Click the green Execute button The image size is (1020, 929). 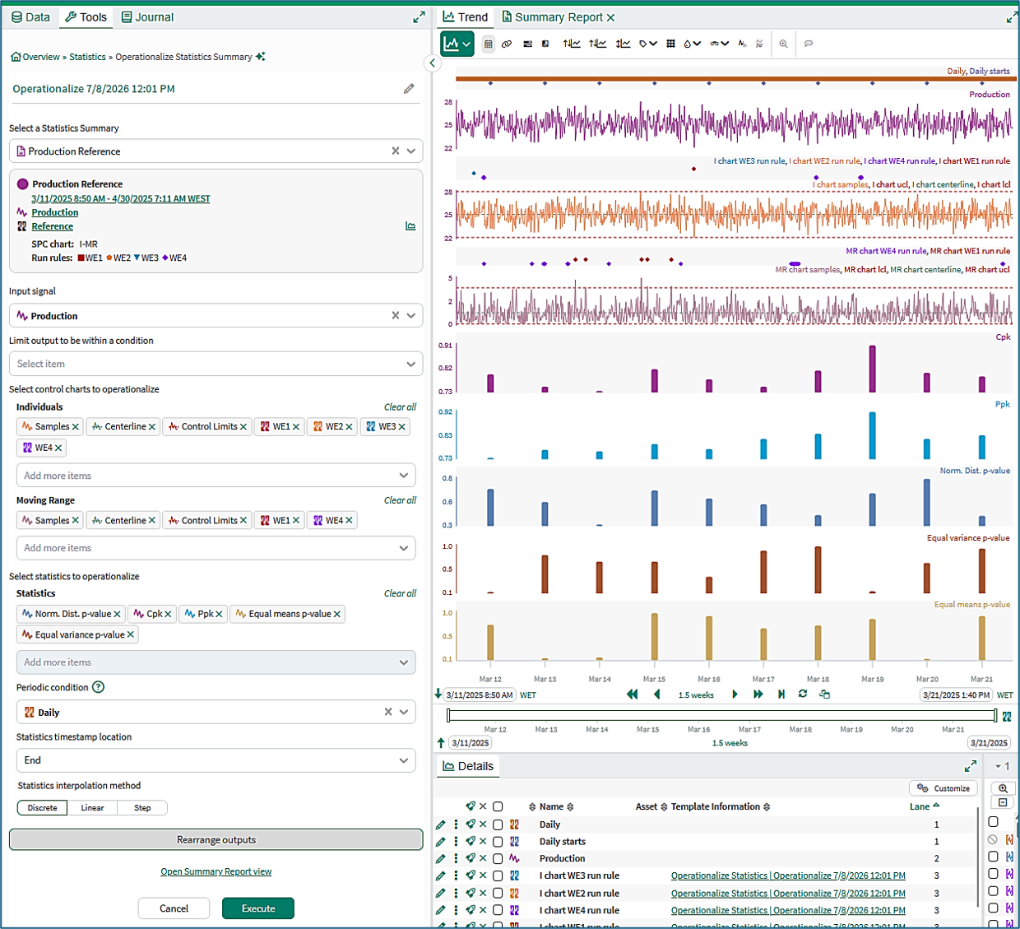coord(257,908)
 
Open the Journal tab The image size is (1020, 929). coord(147,17)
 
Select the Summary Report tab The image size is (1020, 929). coord(559,17)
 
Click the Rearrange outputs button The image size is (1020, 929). coord(216,839)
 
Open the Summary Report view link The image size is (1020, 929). coord(216,871)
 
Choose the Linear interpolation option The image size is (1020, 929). coord(92,807)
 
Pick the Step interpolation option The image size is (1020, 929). coord(142,807)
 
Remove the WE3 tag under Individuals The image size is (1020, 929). coord(402,426)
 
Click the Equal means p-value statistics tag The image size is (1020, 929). coord(287,614)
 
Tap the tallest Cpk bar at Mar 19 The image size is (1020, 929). coord(873,369)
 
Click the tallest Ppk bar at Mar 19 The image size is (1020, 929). coord(873,435)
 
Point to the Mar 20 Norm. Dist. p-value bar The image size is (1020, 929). coord(927,502)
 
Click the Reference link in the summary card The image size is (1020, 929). coord(52,226)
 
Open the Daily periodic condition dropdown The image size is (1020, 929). coord(404,712)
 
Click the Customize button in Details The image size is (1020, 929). coord(943,788)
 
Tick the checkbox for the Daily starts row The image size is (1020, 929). coord(498,842)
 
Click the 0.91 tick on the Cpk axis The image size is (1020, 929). coord(445,346)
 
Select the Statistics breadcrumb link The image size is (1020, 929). coord(87,57)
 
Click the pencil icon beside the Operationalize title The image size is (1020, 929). coord(409,89)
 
